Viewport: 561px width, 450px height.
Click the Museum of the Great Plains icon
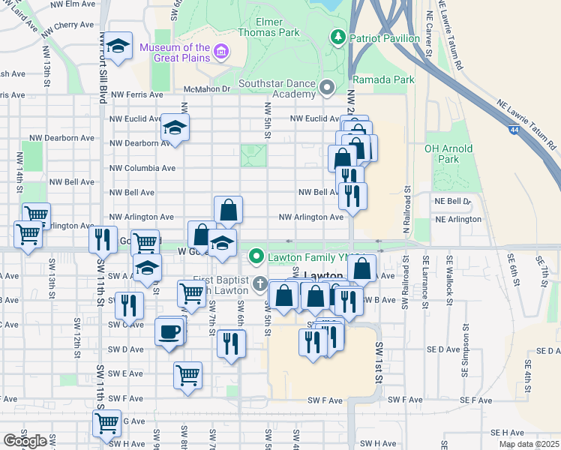(x=221, y=51)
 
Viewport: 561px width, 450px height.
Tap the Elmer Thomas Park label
(x=268, y=27)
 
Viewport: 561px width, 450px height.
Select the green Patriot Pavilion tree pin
(x=338, y=36)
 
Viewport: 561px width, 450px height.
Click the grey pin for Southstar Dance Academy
(x=327, y=88)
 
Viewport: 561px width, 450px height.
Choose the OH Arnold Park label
(x=448, y=154)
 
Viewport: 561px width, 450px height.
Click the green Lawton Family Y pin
(x=256, y=256)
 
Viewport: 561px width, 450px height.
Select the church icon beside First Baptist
(x=259, y=283)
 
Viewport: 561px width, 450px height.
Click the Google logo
(x=25, y=441)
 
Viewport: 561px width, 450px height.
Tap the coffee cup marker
(x=169, y=331)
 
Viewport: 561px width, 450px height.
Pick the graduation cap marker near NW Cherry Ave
(x=118, y=47)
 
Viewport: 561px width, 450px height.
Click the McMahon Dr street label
(x=206, y=88)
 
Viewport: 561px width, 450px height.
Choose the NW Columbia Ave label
(x=142, y=168)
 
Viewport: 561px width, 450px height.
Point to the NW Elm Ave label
(x=75, y=4)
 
